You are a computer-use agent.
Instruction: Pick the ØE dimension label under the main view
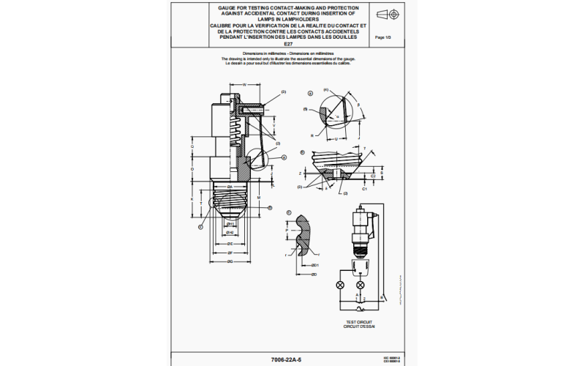tap(229, 244)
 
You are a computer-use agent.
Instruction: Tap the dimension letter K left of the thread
tap(192, 198)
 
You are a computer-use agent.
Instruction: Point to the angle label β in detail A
tap(359, 105)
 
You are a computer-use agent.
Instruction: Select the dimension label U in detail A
tap(335, 138)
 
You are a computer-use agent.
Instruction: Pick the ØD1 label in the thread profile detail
tap(314, 264)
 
